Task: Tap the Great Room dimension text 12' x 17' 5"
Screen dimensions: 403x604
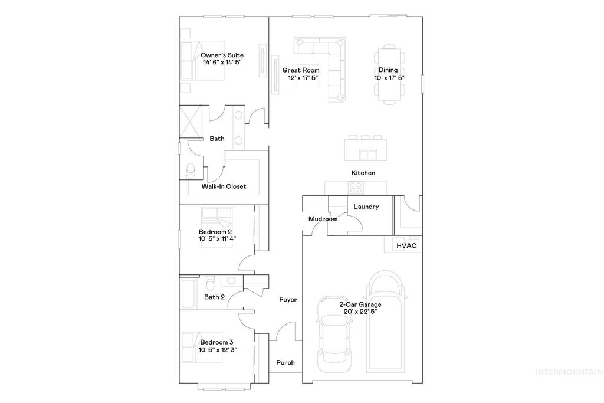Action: point(303,78)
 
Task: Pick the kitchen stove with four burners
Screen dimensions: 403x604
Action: point(356,187)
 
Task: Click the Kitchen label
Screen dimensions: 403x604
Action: point(363,173)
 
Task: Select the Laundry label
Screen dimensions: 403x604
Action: point(366,207)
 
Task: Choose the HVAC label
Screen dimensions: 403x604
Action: point(406,245)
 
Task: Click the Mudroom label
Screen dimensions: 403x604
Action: point(323,219)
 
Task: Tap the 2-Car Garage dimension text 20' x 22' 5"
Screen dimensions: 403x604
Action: point(360,312)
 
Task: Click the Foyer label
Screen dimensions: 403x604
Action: point(288,300)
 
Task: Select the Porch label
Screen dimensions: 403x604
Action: point(285,362)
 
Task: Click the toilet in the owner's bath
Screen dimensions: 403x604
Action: point(190,169)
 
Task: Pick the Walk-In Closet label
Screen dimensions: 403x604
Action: point(224,186)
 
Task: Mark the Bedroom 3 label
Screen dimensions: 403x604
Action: point(216,342)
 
